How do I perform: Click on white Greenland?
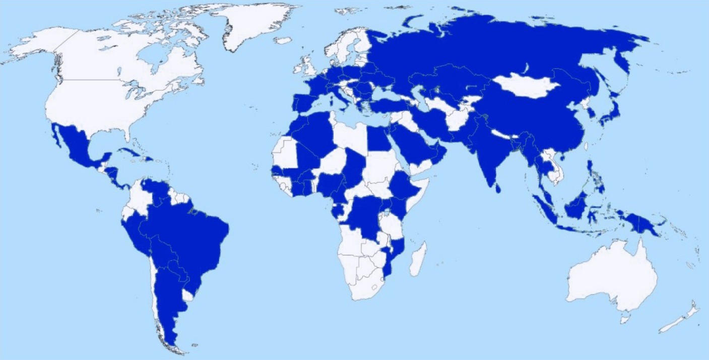pyautogui.click(x=252, y=25)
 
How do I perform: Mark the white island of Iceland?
pyautogui.click(x=283, y=40)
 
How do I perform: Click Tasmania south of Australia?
pyautogui.click(x=625, y=319)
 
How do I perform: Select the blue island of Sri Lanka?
pyautogui.click(x=497, y=188)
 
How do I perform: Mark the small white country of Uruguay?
pyautogui.click(x=187, y=294)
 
